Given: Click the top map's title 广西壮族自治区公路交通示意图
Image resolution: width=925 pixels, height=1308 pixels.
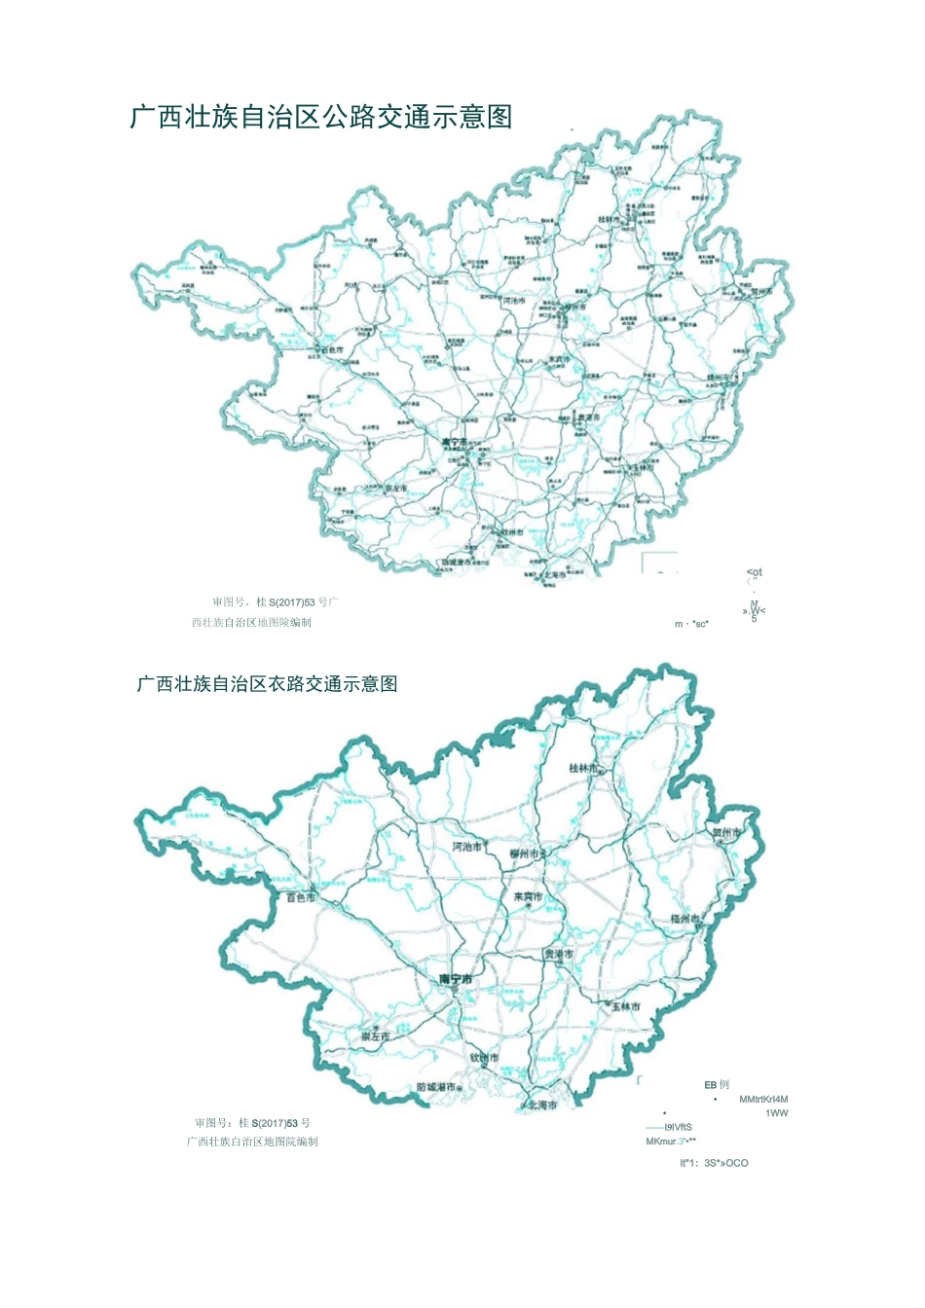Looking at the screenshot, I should pos(321,118).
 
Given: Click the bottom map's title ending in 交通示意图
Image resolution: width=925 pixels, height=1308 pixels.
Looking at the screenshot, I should pos(267,684).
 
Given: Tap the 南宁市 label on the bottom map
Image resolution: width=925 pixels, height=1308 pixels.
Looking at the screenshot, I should pos(455,979).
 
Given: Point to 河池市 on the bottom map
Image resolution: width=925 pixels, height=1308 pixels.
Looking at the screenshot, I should pos(466,847).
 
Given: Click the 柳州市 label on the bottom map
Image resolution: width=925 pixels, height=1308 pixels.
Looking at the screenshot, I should pos(527,854).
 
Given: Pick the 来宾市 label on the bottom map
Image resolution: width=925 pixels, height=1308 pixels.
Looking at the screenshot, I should pos(529,897).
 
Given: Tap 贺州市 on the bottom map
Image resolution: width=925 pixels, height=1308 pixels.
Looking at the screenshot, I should pos(726,833).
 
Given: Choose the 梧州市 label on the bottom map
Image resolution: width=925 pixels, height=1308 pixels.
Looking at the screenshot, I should pos(685,919).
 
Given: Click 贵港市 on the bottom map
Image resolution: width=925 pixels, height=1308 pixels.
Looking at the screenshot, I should pos(558,955).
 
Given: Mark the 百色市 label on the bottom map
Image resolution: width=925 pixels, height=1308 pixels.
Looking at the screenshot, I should pos(301,897).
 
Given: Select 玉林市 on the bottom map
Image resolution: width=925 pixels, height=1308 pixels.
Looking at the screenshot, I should pos(626,1006).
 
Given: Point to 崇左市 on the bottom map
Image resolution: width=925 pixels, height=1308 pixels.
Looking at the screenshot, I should pos(375,1037).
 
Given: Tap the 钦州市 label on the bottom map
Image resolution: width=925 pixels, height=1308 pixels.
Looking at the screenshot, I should pos(484,1058).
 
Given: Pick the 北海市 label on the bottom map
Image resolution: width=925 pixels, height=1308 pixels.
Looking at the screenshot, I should pos(542,1106).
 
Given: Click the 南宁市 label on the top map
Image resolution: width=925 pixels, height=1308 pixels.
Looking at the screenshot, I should pos(455,441).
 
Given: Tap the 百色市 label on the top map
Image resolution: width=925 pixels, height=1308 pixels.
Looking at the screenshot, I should pos(331,349).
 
